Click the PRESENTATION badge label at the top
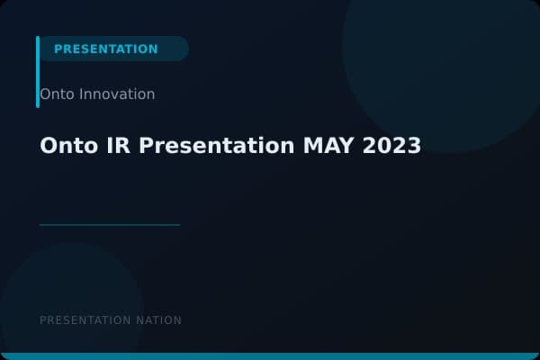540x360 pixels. tap(105, 49)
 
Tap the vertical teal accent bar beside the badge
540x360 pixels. tap(38, 72)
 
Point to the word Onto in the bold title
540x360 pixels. tap(67, 146)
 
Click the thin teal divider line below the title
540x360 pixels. tap(110, 225)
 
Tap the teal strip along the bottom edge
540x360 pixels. tap(270, 356)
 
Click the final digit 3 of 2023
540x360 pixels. tap(414, 146)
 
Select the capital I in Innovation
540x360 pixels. tap(80, 94)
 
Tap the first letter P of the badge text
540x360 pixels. tap(58, 49)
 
